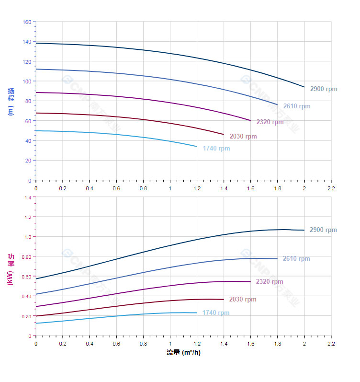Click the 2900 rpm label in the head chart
pos(323,89)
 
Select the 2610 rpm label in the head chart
pos(296,106)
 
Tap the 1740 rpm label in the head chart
pos(216,149)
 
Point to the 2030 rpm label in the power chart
pos(242,300)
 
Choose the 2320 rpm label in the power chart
pos(269,282)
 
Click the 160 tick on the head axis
pos(27,22)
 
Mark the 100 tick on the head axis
pos(27,81)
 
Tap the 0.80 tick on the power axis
pos(26,257)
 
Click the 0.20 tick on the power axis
pos(26,316)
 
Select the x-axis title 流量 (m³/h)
pos(183,353)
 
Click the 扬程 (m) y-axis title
pos(11,101)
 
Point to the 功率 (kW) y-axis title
pos(11,269)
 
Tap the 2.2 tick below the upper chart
pos(331,188)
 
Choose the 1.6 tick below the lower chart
pos(250,343)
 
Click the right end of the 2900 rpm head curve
pos(304,87)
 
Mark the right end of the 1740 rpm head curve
pos(197,146)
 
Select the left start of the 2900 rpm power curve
pos(36,278)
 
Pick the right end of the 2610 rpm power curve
pos(277,259)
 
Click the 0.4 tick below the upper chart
pos(90,188)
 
